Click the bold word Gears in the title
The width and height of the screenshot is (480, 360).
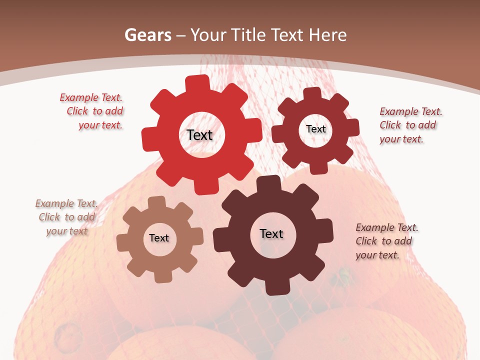tap(147, 35)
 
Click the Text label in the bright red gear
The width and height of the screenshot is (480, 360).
tap(199, 135)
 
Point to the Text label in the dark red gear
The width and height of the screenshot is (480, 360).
tap(315, 129)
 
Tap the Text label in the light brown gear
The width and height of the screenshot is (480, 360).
tap(159, 238)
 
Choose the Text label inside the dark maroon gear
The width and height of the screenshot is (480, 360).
tap(271, 233)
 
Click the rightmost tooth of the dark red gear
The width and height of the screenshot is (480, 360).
tap(353, 128)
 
